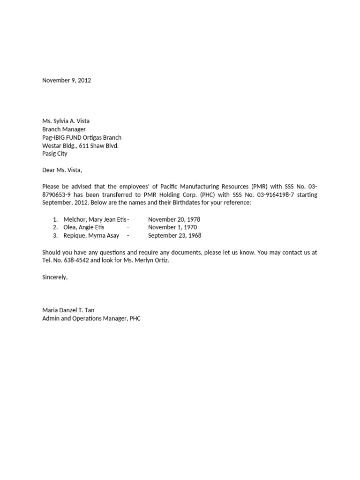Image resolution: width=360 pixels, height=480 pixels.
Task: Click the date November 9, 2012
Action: tap(67, 80)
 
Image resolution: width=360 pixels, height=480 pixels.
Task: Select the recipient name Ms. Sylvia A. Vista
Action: tap(66, 121)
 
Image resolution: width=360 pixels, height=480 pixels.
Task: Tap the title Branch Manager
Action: tap(64, 129)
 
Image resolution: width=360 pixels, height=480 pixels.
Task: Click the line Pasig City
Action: tap(54, 154)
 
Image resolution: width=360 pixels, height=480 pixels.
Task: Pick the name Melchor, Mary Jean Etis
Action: tap(95, 219)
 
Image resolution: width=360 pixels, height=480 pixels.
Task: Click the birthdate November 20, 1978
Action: tap(174, 219)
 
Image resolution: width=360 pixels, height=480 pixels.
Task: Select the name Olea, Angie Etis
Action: tap(84, 227)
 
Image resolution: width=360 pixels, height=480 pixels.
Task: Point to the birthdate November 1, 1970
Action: tap(172, 227)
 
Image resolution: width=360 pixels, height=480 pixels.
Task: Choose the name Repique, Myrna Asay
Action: tap(91, 235)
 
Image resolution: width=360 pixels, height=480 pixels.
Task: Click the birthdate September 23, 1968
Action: tap(174, 235)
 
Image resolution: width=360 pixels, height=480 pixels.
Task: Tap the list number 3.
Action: tap(55, 235)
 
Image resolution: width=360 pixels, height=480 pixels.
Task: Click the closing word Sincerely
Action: tap(54, 277)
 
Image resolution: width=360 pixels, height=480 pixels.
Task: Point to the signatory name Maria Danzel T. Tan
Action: tap(68, 310)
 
